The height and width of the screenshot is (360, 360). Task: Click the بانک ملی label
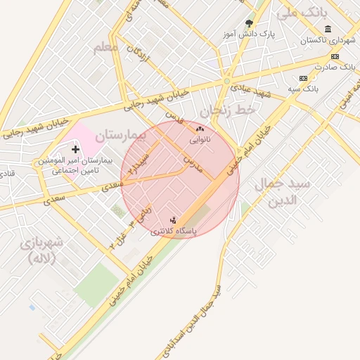(x=304, y=13)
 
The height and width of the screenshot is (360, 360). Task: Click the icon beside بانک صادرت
(x=335, y=56)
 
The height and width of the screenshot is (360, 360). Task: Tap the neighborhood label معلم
(x=105, y=48)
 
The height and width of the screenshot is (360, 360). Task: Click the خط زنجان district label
(x=229, y=110)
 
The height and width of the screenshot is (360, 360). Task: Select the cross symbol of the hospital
(x=76, y=150)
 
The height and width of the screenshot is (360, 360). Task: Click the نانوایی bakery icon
(x=200, y=129)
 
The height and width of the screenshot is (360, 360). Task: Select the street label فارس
(x=174, y=117)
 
